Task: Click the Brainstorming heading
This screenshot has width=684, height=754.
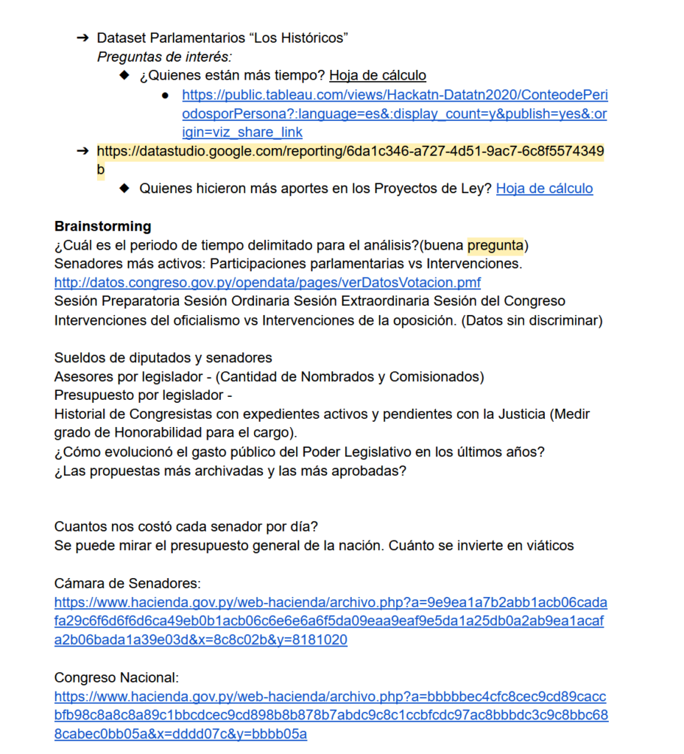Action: click(x=102, y=226)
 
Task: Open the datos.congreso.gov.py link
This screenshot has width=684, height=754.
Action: click(x=267, y=283)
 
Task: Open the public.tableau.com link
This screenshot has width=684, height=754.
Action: click(x=395, y=113)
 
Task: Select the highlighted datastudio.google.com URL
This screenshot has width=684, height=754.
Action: click(x=350, y=151)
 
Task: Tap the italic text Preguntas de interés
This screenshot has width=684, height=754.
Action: click(x=164, y=56)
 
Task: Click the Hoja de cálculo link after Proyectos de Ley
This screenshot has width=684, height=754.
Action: click(x=544, y=188)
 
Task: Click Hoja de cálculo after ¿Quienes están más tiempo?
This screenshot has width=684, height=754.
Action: click(x=378, y=75)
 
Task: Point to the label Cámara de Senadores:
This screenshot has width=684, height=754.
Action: click(x=127, y=583)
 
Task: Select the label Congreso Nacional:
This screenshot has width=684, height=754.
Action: click(x=116, y=677)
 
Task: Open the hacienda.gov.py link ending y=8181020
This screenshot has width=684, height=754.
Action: click(x=331, y=621)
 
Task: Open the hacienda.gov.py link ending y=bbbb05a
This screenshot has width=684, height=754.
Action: click(x=331, y=714)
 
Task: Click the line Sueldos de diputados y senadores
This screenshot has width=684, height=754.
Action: click(x=163, y=358)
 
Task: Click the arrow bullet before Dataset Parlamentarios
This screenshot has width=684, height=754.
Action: click(x=82, y=37)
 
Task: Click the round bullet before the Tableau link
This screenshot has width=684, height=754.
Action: click(x=166, y=95)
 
